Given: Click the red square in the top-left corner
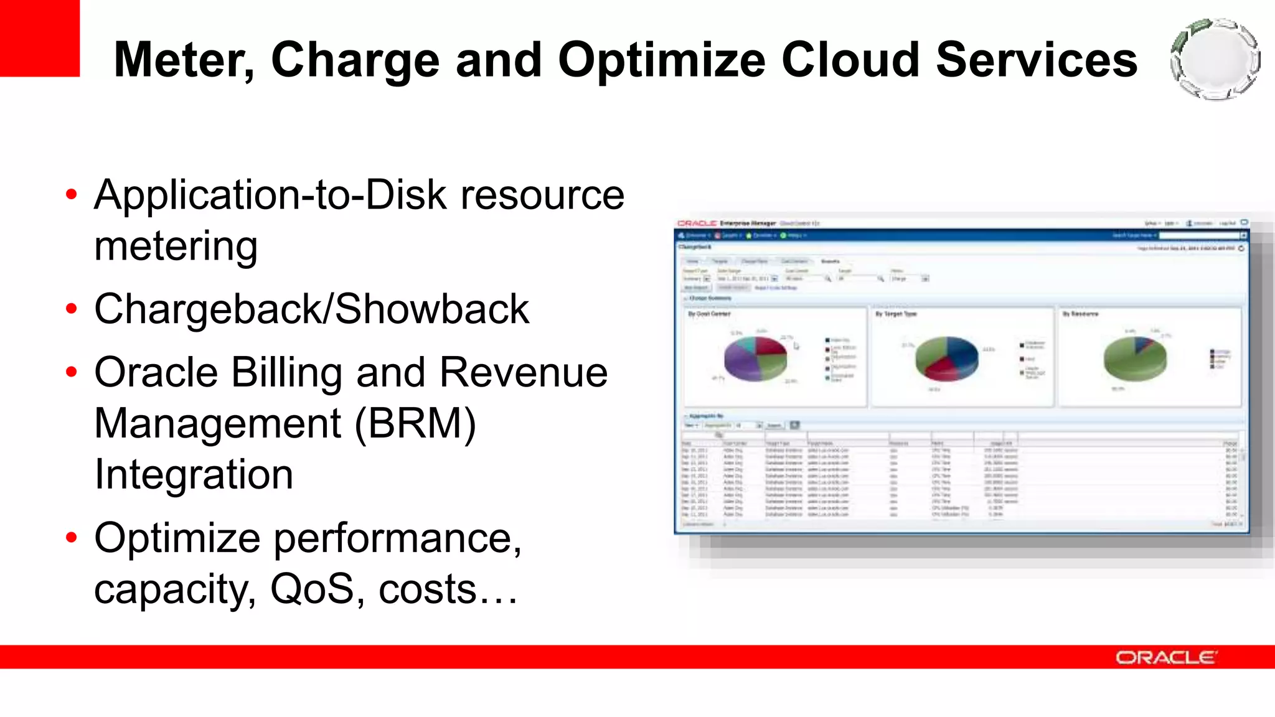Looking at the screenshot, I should (x=39, y=37).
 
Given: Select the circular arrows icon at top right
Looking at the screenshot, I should (x=1215, y=60).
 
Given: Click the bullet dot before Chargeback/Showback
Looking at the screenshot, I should (x=72, y=309).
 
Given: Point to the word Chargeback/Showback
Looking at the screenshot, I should (x=311, y=309).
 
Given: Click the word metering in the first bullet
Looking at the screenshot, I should (x=176, y=246).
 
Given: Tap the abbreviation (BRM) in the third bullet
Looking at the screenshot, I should (x=415, y=424).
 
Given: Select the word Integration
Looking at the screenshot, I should (x=194, y=475).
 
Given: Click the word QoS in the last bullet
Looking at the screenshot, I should (x=311, y=589).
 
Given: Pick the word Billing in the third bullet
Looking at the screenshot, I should (x=286, y=373).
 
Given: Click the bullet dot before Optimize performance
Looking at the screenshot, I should (x=72, y=538).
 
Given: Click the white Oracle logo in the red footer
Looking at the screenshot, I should (x=1165, y=658).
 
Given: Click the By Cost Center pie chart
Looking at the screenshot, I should (x=755, y=358).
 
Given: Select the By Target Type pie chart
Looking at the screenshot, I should (x=946, y=359).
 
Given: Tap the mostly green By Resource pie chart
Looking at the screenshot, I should (x=1134, y=358).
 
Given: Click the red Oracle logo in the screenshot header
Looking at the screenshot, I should (x=697, y=223).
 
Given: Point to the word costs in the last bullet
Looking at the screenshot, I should (x=427, y=589).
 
